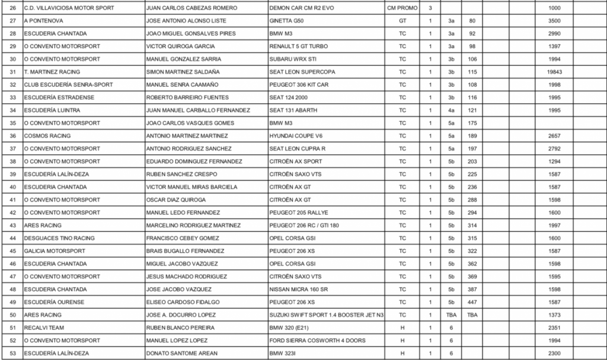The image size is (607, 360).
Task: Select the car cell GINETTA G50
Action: tap(287, 21)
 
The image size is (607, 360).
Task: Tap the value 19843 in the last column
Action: tap(555, 72)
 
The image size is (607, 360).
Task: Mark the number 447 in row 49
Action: tap(472, 302)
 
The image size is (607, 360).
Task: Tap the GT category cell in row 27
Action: tap(402, 21)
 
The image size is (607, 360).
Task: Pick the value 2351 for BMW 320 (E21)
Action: tap(555, 327)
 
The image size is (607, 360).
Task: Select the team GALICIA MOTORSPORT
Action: tap(55, 251)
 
